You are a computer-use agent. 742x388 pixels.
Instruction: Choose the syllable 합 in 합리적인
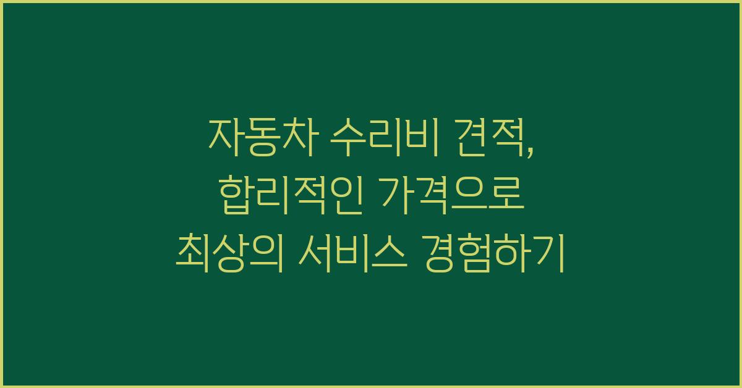pos(236,195)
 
